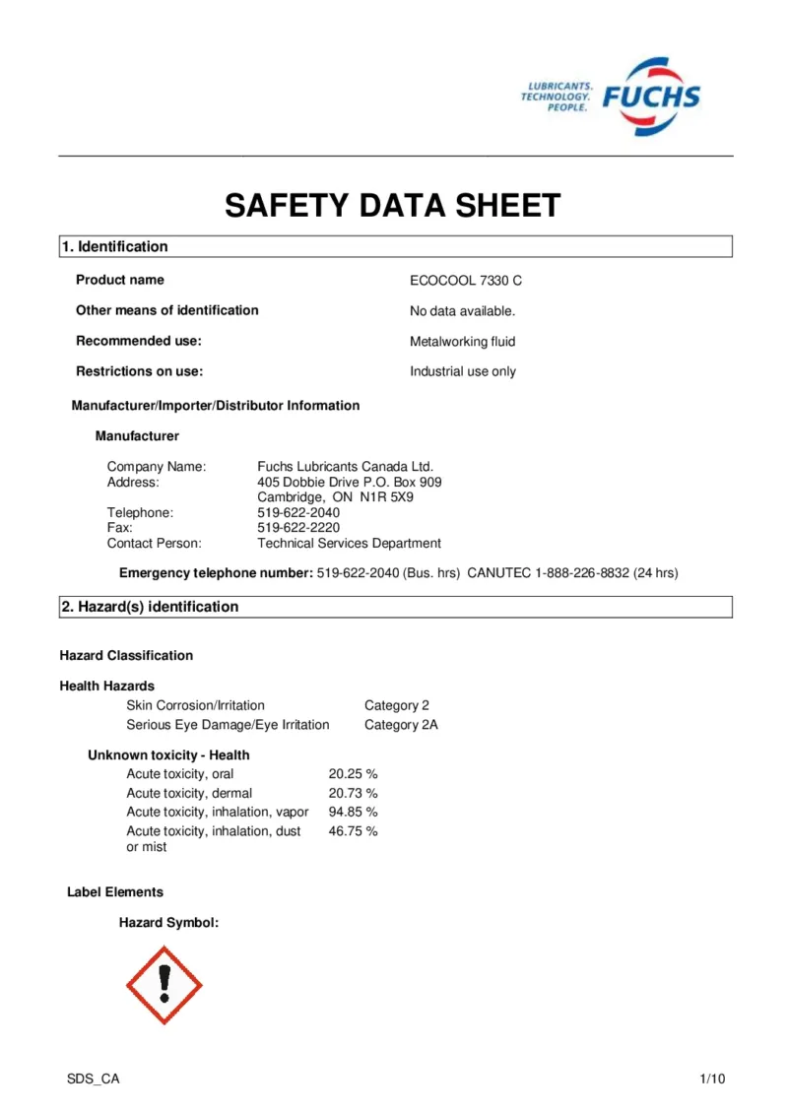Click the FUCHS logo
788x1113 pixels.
[650, 97]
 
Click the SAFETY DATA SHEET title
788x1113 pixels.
[393, 206]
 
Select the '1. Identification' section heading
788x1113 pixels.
[114, 247]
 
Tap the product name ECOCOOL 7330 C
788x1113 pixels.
[466, 281]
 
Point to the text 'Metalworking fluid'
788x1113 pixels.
[462, 342]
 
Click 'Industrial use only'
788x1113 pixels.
[462, 372]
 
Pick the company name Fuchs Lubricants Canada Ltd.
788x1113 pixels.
[345, 467]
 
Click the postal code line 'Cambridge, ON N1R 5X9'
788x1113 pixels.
[335, 497]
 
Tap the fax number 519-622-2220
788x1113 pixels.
[298, 528]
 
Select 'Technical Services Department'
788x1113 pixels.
[349, 544]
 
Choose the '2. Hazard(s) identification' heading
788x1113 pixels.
[150, 608]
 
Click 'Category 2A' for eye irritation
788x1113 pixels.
[401, 725]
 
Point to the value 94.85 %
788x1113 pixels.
[353, 813]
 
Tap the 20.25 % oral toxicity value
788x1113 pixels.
[353, 774]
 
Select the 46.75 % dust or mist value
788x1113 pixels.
[353, 832]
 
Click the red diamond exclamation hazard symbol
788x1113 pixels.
[164, 984]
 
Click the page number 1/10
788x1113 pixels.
[712, 1080]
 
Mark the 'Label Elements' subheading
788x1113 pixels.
[115, 892]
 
